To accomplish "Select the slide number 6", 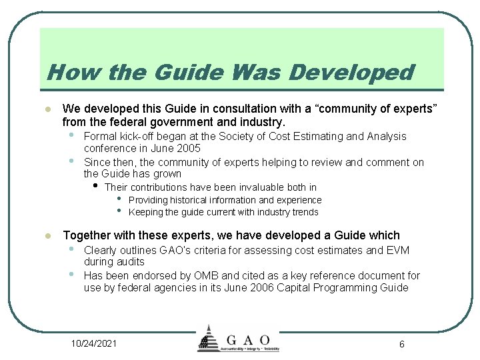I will pyautogui.click(x=402, y=343).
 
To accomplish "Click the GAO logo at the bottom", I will pyautogui.click(x=238, y=339).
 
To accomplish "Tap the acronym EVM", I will pyautogui.click(x=397, y=250).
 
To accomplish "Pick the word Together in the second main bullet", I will pyautogui.click(x=87, y=235).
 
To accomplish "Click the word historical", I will pyautogui.click(x=181, y=200).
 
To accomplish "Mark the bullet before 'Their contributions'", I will pyautogui.click(x=96, y=185).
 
